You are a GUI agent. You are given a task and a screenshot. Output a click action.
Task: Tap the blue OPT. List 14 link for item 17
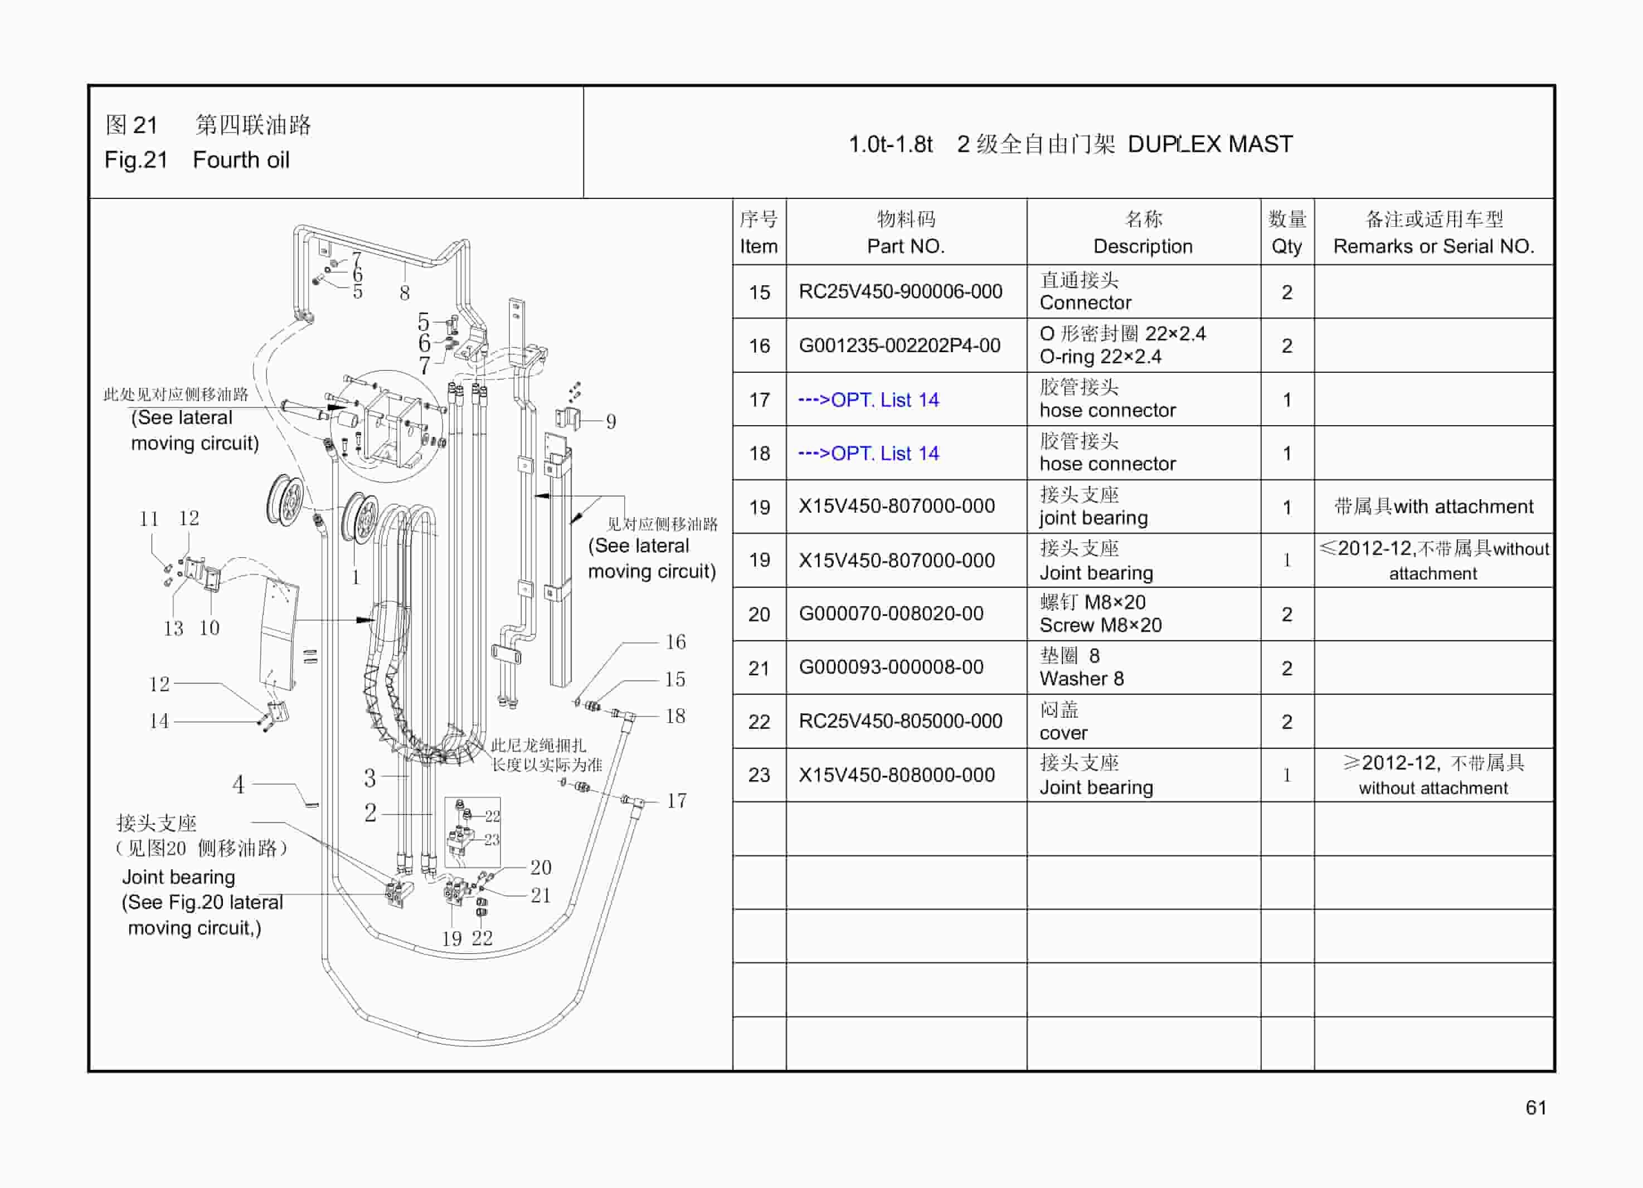click(868, 400)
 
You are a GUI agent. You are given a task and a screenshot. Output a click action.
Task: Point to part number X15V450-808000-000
click(896, 775)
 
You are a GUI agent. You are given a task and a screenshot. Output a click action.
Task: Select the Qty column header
click(1286, 232)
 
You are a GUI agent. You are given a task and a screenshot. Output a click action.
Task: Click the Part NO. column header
click(906, 232)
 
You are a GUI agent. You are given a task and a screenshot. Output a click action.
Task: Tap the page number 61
click(1536, 1108)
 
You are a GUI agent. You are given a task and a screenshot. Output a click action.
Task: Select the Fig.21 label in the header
click(136, 159)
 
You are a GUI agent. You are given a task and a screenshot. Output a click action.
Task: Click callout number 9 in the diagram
click(611, 422)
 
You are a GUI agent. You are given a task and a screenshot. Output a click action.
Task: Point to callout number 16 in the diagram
click(675, 642)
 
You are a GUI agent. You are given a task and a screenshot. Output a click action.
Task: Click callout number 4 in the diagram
click(239, 784)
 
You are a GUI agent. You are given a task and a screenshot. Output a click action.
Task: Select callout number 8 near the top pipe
click(404, 293)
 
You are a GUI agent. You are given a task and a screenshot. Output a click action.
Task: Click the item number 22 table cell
click(759, 722)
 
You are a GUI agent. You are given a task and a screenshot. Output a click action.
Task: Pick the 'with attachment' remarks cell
click(1433, 507)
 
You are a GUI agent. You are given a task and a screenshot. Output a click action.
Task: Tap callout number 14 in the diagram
click(159, 721)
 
